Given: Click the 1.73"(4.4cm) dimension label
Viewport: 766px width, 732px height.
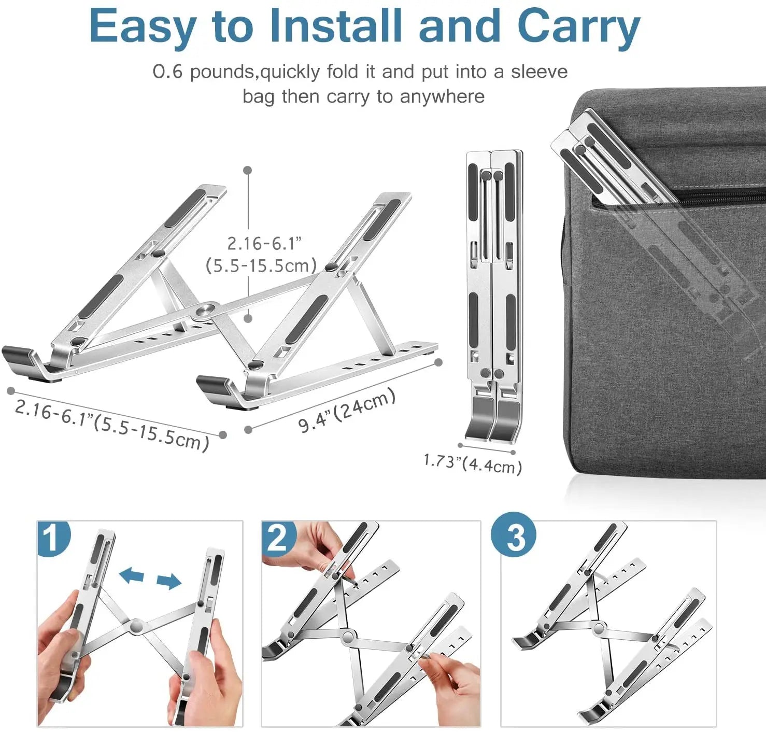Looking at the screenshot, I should click(472, 463).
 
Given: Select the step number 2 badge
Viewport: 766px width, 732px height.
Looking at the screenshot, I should click(278, 538).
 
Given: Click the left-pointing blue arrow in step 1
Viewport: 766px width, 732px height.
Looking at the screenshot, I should click(132, 574).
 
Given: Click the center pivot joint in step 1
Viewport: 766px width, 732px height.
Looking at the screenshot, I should click(136, 626).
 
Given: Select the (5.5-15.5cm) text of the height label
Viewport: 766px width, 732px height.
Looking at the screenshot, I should click(261, 266).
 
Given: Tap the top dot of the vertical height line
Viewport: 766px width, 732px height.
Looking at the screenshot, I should click(248, 170).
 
